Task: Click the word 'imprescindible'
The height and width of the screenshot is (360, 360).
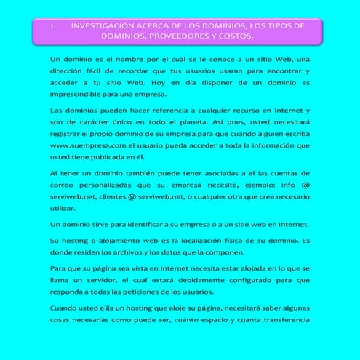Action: point(76,94)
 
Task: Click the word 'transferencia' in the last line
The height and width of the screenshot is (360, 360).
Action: point(280,320)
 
